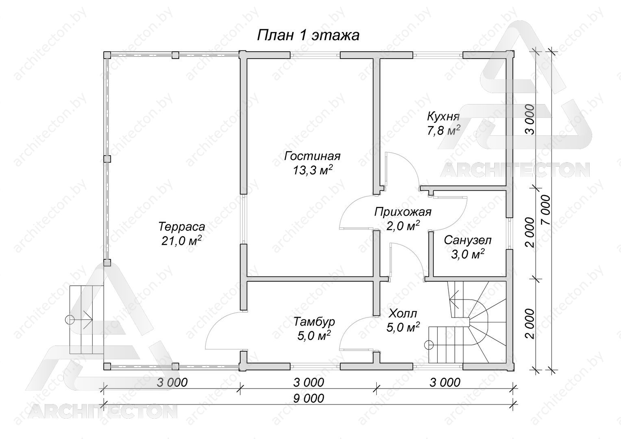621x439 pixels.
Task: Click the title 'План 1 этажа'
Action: click(x=308, y=35)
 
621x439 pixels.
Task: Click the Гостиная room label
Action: click(x=313, y=156)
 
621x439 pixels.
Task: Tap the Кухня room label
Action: click(x=443, y=116)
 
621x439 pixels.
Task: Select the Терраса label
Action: click(x=182, y=226)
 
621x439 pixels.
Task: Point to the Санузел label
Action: click(x=468, y=240)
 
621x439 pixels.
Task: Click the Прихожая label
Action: click(x=403, y=212)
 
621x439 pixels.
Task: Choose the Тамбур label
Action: click(x=314, y=322)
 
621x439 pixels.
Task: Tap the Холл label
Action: click(x=403, y=314)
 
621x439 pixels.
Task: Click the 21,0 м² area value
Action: click(x=181, y=241)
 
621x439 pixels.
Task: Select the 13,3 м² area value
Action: click(x=313, y=170)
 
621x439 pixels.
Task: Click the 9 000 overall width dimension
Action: click(x=308, y=398)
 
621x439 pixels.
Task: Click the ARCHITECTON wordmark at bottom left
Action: click(x=102, y=411)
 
